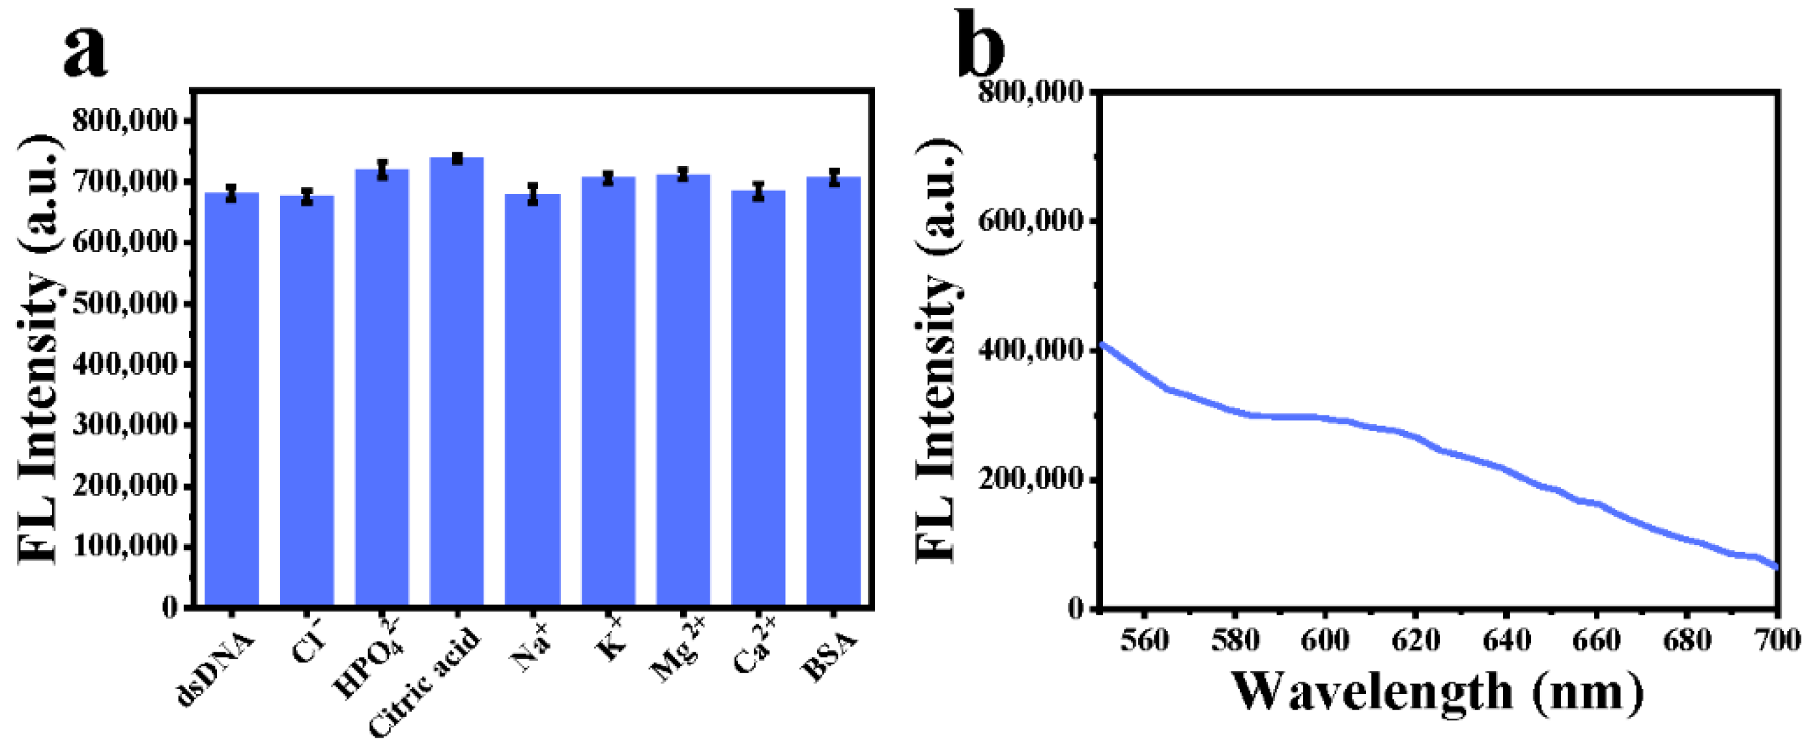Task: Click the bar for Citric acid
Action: coord(456,381)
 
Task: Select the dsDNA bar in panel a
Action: coord(231,398)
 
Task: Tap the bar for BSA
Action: coord(834,391)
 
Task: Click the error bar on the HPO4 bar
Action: coord(382,169)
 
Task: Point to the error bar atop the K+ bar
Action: coord(608,178)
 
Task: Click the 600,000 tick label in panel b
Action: coord(1031,221)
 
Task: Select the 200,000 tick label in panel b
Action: coord(1031,480)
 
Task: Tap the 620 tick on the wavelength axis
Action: coord(1416,640)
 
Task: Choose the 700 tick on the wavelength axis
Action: coord(1777,640)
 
